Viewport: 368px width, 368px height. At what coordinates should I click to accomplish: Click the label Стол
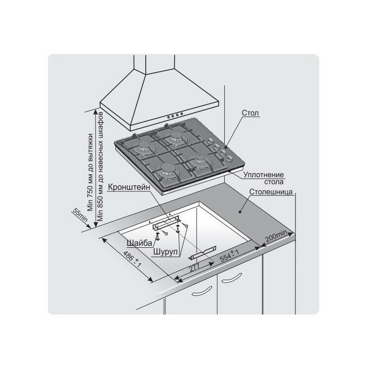coord(250,113)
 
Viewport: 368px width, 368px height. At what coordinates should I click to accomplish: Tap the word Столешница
coord(271,192)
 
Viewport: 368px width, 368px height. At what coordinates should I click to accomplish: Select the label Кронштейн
coord(129,187)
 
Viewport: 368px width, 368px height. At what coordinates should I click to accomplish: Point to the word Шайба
coord(139,243)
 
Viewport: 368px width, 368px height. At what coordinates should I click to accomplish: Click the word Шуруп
coord(166,252)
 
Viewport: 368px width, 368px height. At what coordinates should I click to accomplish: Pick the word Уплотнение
coord(263,175)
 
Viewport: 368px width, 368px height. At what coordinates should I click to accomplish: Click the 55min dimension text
coord(80,215)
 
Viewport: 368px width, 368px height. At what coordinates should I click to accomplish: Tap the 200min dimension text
coord(276,237)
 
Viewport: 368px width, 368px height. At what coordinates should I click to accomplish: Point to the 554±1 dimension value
coord(230,256)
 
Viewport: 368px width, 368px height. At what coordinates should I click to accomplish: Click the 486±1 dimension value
coord(131,260)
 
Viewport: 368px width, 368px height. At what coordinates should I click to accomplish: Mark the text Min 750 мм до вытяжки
coord(90,172)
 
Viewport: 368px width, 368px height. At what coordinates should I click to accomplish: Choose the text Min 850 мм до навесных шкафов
coord(100,166)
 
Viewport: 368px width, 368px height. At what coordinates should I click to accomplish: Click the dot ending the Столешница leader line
coord(239,212)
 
